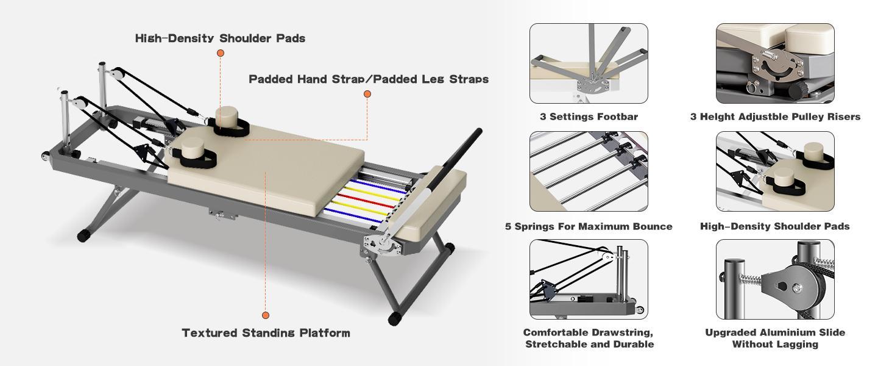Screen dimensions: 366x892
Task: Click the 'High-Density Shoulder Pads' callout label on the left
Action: tap(220, 38)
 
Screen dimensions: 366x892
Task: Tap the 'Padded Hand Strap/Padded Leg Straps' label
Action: tap(369, 79)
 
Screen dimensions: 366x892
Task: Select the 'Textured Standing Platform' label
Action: tap(266, 333)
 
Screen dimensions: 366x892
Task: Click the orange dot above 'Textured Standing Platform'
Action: tap(266, 315)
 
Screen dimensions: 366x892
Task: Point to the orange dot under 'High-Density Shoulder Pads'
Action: tap(221, 53)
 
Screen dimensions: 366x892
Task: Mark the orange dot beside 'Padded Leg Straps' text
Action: tap(367, 94)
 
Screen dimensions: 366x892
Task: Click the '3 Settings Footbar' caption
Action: tap(589, 117)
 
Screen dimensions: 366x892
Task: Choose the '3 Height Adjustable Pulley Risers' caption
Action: tap(775, 117)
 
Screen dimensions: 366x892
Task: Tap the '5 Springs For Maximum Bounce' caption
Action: tap(589, 226)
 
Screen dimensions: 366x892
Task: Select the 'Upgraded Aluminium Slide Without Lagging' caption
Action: tap(775, 338)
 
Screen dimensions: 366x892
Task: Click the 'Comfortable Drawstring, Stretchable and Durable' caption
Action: tap(589, 338)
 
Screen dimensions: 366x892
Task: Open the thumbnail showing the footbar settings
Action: tap(589, 63)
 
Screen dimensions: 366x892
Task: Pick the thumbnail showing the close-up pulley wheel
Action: tap(775, 279)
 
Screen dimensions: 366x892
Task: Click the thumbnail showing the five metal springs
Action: tap(589, 171)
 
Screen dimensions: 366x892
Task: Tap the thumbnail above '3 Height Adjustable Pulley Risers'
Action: tap(775, 63)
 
